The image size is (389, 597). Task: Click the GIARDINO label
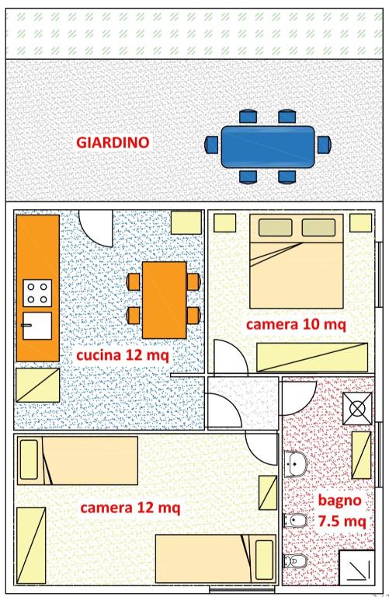(113, 142)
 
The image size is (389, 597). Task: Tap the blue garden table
(268, 147)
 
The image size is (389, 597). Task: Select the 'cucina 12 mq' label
(123, 355)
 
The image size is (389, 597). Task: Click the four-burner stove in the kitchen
(37, 293)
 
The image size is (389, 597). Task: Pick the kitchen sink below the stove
(37, 326)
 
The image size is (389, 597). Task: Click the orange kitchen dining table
(165, 300)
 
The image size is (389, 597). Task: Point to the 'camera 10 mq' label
(296, 324)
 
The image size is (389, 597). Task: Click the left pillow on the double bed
(276, 227)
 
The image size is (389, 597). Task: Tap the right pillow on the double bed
(318, 227)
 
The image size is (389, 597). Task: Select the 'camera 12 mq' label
(130, 508)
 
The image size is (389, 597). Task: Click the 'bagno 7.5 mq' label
(341, 510)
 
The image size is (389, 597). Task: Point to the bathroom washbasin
(296, 465)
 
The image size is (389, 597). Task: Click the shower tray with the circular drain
(357, 409)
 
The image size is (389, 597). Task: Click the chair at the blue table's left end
(211, 145)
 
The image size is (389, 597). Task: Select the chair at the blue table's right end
(325, 145)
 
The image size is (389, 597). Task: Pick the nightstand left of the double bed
(224, 223)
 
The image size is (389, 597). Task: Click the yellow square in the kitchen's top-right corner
(186, 222)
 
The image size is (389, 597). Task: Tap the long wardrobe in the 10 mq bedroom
(312, 357)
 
